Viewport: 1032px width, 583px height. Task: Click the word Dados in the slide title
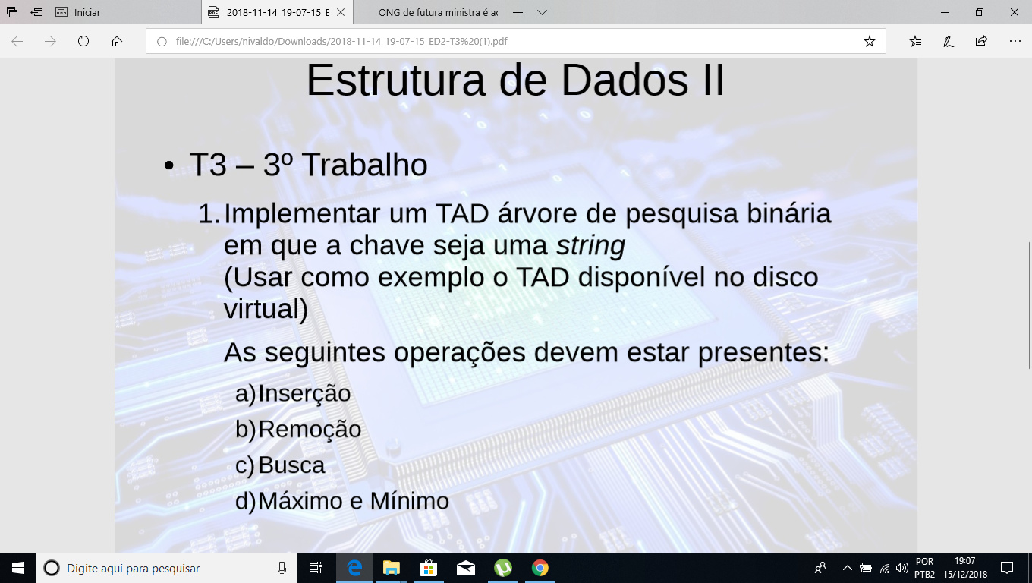[625, 80]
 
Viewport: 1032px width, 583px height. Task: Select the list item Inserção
[304, 394]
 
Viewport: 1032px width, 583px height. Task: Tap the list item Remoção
[310, 430]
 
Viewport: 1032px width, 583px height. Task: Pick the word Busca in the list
[291, 465]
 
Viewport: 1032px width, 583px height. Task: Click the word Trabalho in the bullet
[365, 165]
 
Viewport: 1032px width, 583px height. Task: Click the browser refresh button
[83, 41]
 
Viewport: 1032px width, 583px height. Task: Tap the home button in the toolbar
[117, 42]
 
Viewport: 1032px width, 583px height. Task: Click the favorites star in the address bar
[869, 42]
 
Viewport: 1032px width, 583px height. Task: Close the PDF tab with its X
[341, 12]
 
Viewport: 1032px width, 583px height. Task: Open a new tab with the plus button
[518, 12]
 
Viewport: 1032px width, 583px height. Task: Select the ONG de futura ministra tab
[438, 12]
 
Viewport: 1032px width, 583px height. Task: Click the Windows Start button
[18, 568]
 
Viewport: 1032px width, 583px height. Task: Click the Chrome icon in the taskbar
[540, 568]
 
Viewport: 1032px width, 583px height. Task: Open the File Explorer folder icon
[391, 568]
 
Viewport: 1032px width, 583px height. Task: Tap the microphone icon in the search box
[282, 568]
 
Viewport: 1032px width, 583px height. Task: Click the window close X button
[1014, 12]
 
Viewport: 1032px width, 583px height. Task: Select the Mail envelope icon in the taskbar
[466, 568]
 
